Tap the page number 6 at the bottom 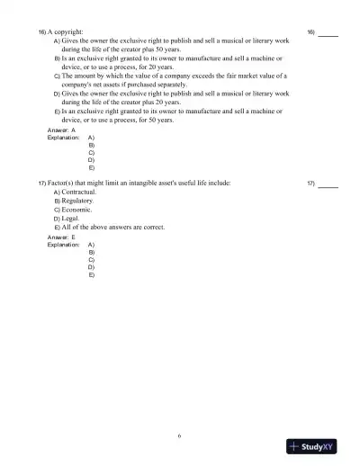[179, 435]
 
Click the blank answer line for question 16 [328, 33]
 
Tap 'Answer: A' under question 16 [60, 131]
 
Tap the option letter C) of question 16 [57, 76]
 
